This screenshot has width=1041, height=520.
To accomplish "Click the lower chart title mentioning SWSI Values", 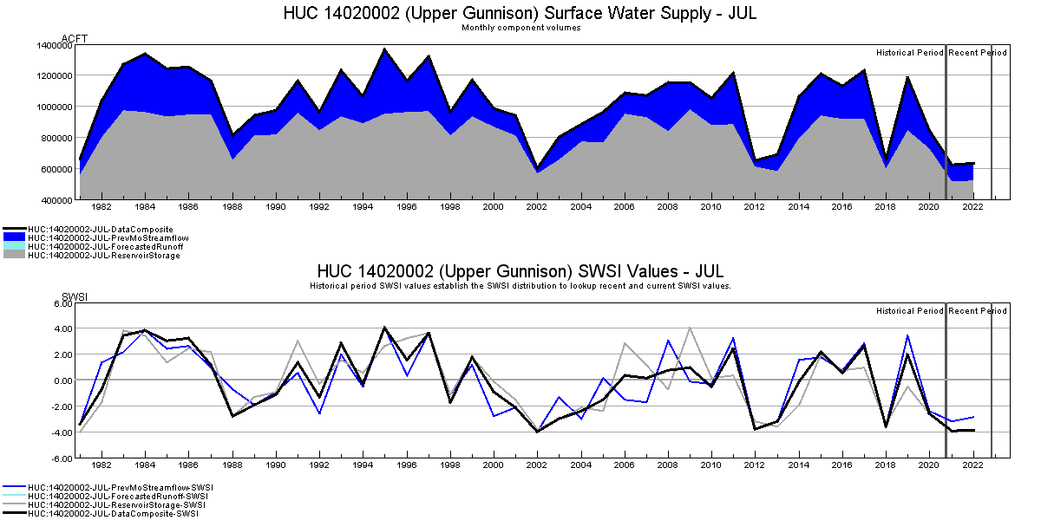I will click(520, 272).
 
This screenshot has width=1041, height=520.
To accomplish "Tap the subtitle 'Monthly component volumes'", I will click(520, 28).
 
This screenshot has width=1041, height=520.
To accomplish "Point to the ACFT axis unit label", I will click(75, 39).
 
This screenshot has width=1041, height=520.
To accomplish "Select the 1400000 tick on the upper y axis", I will click(54, 45).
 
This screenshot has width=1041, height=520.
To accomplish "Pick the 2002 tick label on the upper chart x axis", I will click(537, 208).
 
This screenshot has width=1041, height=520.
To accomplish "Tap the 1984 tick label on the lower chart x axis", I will click(145, 465).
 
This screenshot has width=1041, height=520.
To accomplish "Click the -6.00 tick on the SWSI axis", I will click(60, 458).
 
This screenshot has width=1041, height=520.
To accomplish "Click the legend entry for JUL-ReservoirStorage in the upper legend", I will click(104, 256).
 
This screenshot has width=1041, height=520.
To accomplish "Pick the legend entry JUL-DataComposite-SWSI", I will click(113, 514).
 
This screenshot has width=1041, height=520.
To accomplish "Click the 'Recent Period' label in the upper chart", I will click(978, 53).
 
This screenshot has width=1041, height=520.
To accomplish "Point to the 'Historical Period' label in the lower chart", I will click(909, 311).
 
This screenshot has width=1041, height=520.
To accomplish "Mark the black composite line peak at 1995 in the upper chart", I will click(384, 49).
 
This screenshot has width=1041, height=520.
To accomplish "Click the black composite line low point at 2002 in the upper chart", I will click(537, 168).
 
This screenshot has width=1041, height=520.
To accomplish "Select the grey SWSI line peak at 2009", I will click(689, 328).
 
